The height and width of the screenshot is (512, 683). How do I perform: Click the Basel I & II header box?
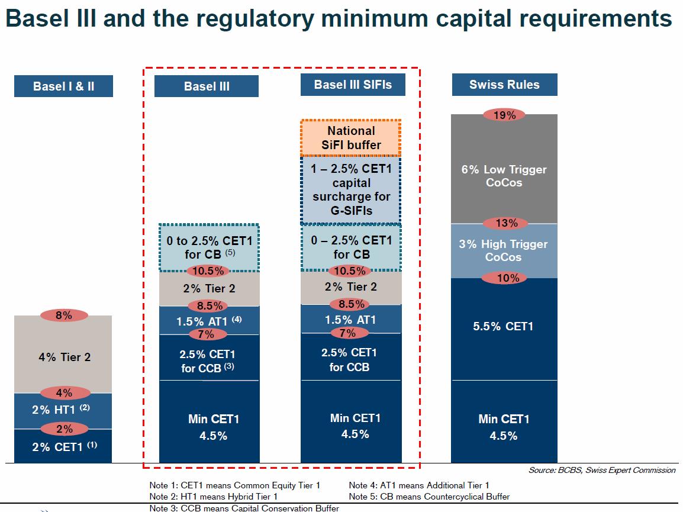[63, 86]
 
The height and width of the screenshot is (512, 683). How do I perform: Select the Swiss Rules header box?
[504, 85]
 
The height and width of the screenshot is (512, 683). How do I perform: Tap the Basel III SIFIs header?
[353, 85]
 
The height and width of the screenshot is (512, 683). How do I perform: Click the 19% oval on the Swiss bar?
[504, 115]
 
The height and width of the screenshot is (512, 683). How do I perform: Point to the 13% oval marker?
[506, 223]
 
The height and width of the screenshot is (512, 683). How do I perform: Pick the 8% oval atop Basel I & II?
[64, 315]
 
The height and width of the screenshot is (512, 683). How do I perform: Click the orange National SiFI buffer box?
[350, 138]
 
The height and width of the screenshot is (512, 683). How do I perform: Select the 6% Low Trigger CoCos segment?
[504, 169]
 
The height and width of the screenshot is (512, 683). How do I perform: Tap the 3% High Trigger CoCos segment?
[504, 251]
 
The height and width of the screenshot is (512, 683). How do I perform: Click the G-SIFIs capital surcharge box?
[350, 189]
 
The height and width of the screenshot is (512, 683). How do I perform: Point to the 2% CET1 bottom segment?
[63, 446]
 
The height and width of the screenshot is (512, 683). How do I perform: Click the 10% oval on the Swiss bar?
[505, 278]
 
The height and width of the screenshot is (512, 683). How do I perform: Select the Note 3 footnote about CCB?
[244, 508]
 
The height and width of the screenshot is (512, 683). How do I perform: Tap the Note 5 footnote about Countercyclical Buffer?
[429, 496]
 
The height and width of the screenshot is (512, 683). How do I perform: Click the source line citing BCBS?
[602, 470]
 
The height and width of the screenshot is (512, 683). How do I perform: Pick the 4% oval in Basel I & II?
[64, 392]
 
